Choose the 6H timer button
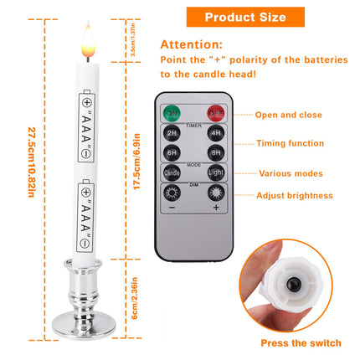pyautogui.click(x=171, y=153)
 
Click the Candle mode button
pyautogui.click(x=171, y=174)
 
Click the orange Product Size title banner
pyautogui.click(x=245, y=17)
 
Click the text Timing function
pyautogui.click(x=291, y=144)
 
